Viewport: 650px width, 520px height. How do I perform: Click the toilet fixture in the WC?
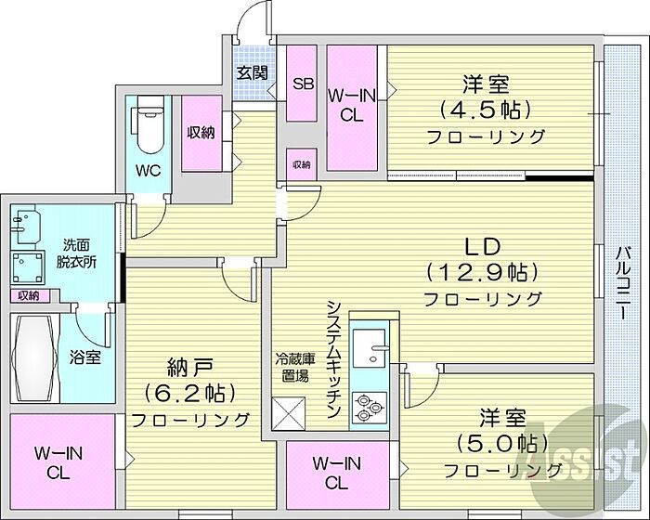(x=148, y=125)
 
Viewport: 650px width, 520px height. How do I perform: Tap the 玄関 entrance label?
(x=252, y=73)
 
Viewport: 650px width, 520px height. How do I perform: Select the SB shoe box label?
(x=304, y=84)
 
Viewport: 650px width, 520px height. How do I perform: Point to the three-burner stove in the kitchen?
(x=370, y=406)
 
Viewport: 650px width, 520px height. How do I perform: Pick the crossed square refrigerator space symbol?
(x=289, y=413)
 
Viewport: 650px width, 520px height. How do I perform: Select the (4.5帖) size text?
(x=486, y=110)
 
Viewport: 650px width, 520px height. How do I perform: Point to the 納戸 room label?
(x=190, y=367)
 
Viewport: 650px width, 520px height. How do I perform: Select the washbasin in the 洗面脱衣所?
(x=27, y=227)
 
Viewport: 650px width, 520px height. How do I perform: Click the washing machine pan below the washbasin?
(x=27, y=267)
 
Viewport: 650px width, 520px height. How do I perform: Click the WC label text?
(x=149, y=171)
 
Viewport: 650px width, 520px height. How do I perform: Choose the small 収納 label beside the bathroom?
(x=28, y=295)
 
